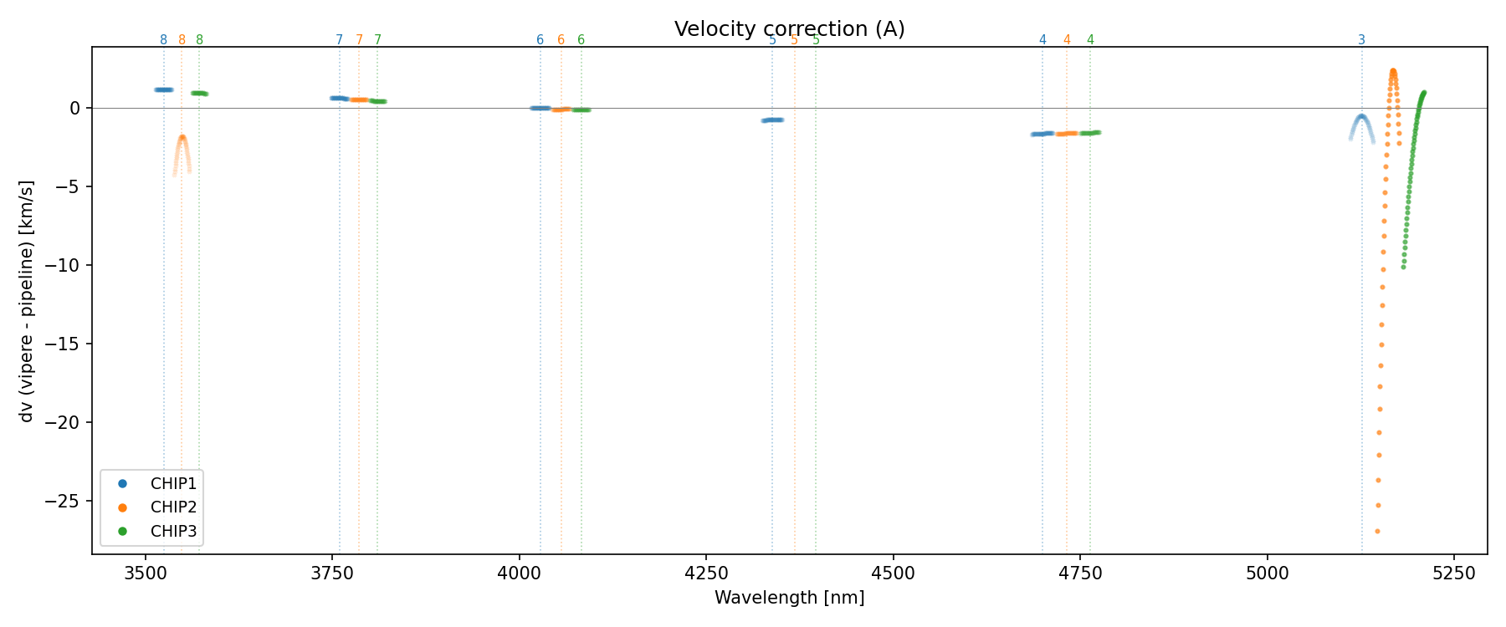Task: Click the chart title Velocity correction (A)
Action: pos(789,29)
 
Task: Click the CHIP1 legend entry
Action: pos(172,483)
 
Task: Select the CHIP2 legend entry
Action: pos(172,507)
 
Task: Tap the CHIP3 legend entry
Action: pos(172,531)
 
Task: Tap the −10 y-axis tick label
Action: pos(68,265)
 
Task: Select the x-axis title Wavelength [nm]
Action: pos(789,598)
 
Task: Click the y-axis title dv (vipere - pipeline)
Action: pos(27,301)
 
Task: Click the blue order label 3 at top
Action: pos(1361,40)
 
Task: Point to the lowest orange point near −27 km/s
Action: pos(1377,531)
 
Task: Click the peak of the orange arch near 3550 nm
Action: pos(182,137)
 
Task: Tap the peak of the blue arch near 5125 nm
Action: pos(1361,117)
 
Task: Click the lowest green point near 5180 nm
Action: pos(1403,267)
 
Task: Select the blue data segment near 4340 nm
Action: pos(772,120)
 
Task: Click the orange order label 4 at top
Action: pos(1067,40)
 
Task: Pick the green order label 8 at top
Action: pos(199,40)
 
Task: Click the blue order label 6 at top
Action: pos(540,40)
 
